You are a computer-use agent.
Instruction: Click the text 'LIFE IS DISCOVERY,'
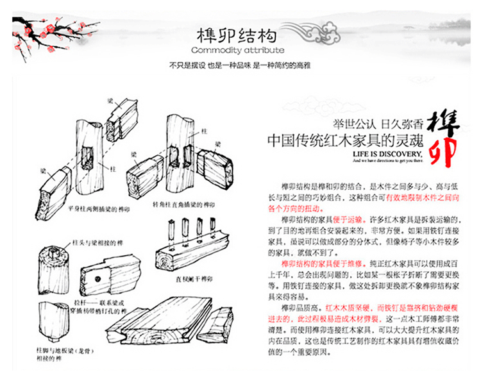(x=387, y=155)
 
